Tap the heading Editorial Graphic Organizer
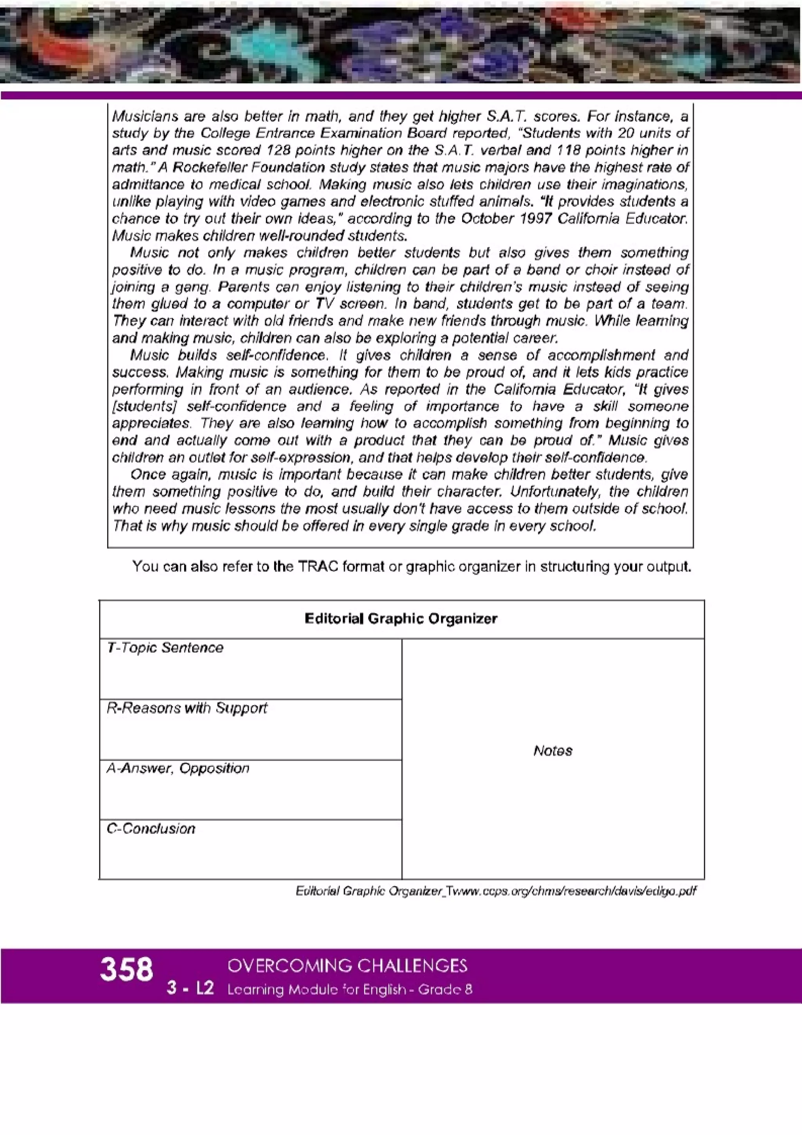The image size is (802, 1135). click(x=401, y=618)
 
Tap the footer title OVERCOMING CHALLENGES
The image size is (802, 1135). click(x=347, y=965)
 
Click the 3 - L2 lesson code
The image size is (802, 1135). click(x=190, y=989)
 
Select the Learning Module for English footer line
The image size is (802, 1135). click(x=349, y=989)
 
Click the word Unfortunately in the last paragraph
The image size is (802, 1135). click(x=556, y=492)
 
